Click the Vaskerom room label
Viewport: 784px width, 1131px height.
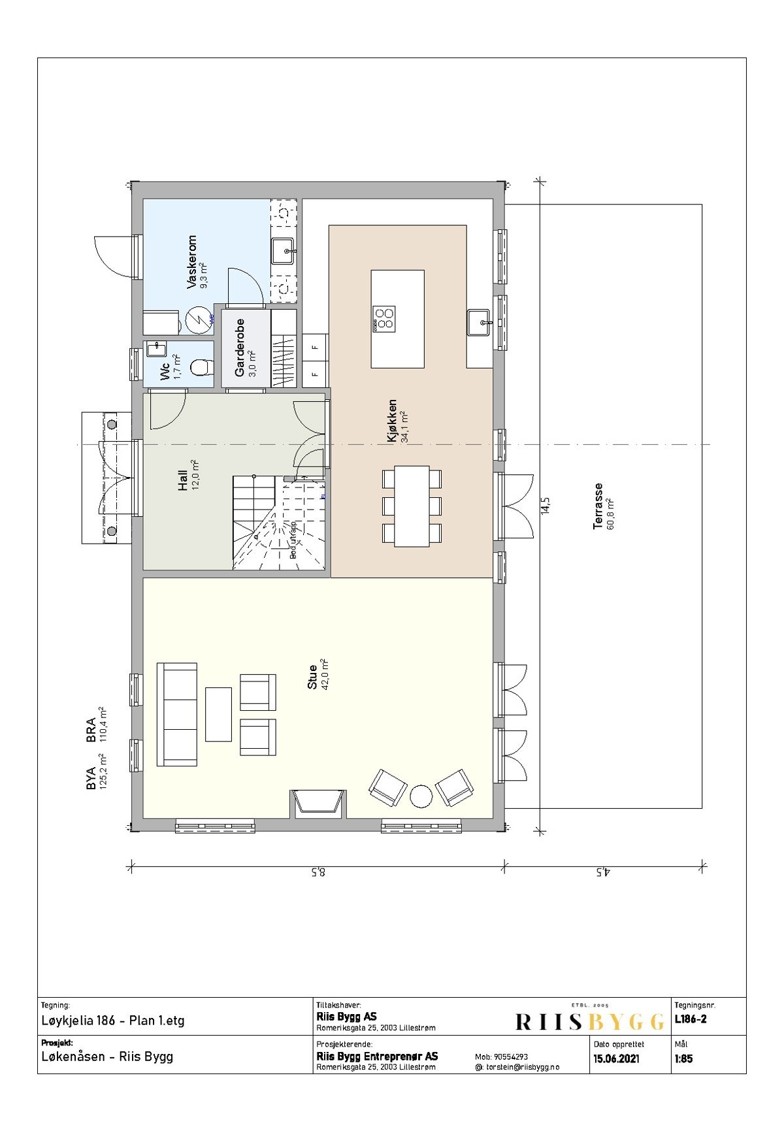tap(192, 262)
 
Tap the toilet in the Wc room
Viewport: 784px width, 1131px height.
tap(201, 369)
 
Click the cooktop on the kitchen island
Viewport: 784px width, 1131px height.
tap(384, 318)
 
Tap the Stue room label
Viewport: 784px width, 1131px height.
tap(312, 677)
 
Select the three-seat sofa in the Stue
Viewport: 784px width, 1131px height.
tap(177, 714)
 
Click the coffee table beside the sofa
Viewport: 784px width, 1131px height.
tap(218, 714)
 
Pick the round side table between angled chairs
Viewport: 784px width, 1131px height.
tap(420, 796)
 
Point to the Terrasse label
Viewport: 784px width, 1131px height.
tap(598, 506)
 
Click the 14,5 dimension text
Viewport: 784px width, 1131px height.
tap(546, 505)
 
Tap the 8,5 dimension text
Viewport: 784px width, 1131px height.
tap(318, 872)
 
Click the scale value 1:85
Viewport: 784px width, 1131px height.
tap(683, 1058)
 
